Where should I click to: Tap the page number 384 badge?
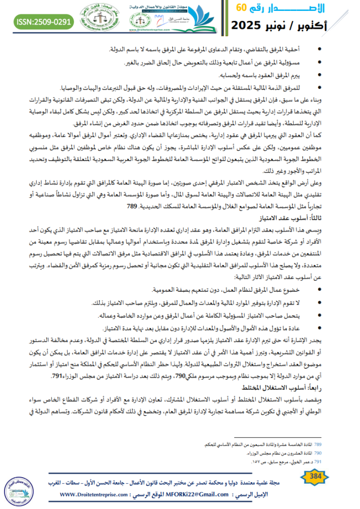pos(315,477)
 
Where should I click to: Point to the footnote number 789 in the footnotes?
pos(317,443)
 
